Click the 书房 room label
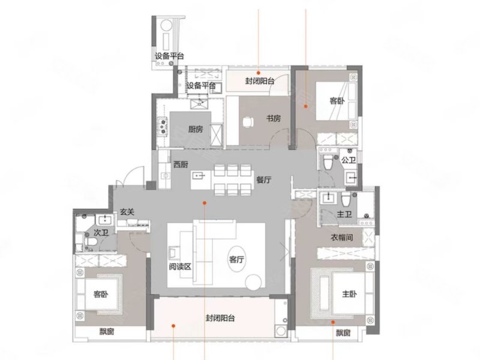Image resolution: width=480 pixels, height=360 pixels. coord(274,118)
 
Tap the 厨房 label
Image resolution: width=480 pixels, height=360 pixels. coord(196,129)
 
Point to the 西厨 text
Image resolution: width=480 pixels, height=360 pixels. coord(181,164)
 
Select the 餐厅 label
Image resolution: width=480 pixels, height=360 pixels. coord(263,179)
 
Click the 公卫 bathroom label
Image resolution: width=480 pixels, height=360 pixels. coord(349,160)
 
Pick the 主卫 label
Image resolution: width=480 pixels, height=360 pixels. coord(344,214)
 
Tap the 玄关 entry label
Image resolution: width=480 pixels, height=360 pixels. coord(127,212)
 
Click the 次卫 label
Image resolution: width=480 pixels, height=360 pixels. coord(101,233)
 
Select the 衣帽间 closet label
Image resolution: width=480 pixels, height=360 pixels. coord(342,237)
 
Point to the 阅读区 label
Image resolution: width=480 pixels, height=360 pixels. coord(180,266)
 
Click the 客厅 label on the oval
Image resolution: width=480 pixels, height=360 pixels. coord(236,260)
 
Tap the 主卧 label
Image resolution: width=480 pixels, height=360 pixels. coord(349,294)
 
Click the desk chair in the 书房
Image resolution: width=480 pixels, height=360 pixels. coord(248,122)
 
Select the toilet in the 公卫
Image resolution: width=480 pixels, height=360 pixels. coord(328,161)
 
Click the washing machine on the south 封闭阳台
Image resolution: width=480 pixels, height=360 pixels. coord(280,331)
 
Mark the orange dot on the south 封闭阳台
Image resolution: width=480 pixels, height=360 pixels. coord(173,326)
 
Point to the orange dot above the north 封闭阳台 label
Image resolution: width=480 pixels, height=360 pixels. coord(259,73)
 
